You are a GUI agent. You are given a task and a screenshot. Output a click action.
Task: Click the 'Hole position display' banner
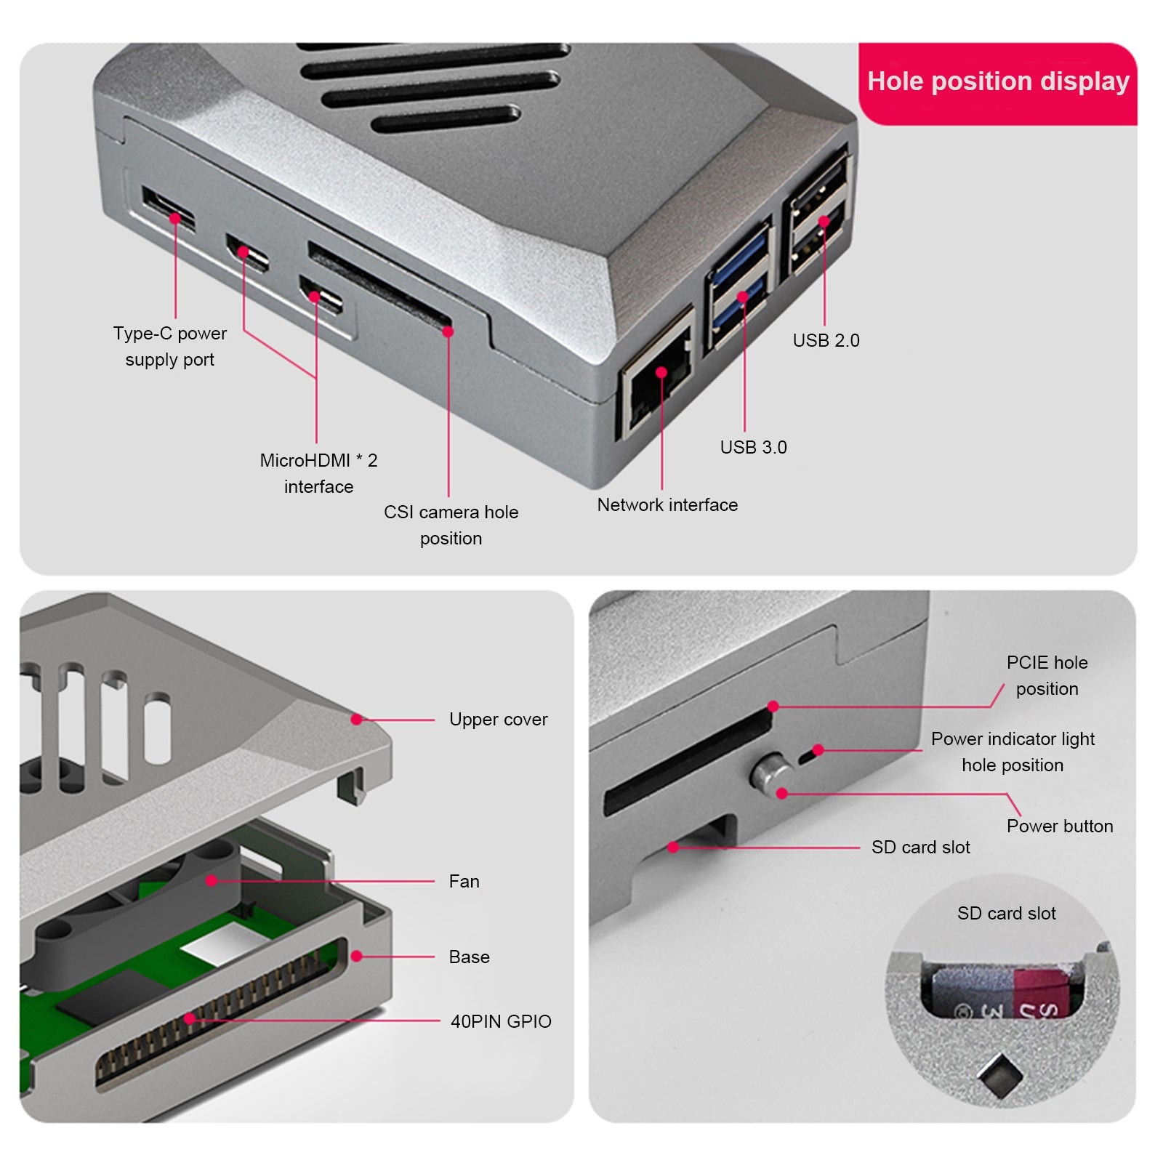click(997, 81)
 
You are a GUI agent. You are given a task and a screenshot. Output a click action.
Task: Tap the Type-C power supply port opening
click(169, 209)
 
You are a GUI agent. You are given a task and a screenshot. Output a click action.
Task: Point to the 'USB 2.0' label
click(826, 340)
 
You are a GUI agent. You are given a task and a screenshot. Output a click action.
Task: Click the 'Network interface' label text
click(667, 504)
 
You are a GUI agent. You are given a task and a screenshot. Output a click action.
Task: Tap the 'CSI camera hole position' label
click(451, 525)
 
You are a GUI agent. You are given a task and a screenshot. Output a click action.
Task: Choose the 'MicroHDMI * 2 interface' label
click(318, 473)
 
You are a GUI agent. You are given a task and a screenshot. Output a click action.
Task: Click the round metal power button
click(769, 773)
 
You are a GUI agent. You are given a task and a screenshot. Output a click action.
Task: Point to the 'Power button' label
click(1059, 826)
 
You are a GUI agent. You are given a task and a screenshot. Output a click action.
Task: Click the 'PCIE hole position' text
click(1047, 675)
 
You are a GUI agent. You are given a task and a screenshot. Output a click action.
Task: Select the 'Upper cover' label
click(498, 719)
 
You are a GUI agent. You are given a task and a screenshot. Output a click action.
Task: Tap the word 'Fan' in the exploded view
click(464, 881)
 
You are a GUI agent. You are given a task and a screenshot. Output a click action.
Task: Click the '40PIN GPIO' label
click(500, 1021)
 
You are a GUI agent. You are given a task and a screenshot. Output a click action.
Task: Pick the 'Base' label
click(469, 957)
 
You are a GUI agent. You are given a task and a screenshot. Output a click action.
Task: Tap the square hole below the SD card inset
click(999, 1074)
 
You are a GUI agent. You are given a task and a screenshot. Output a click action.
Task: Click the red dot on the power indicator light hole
click(818, 749)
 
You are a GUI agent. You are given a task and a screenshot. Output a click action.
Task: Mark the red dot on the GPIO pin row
click(190, 1018)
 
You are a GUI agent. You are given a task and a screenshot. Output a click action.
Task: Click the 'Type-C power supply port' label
click(169, 346)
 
